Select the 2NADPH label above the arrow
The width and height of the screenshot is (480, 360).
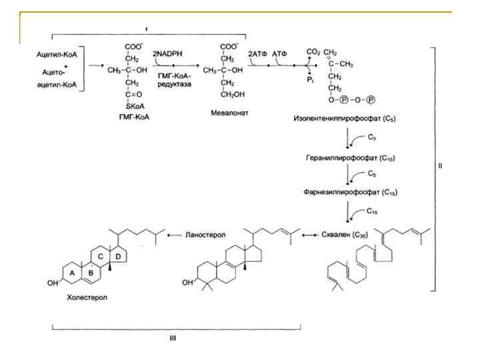click(x=167, y=53)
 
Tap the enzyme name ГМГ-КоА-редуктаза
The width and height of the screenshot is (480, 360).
click(x=174, y=82)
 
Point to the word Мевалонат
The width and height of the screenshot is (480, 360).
click(x=229, y=113)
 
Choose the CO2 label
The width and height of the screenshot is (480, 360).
click(x=312, y=51)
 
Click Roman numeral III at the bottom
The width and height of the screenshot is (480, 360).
click(x=175, y=337)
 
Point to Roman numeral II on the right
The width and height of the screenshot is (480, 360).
click(x=439, y=167)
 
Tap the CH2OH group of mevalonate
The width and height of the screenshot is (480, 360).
click(x=231, y=93)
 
